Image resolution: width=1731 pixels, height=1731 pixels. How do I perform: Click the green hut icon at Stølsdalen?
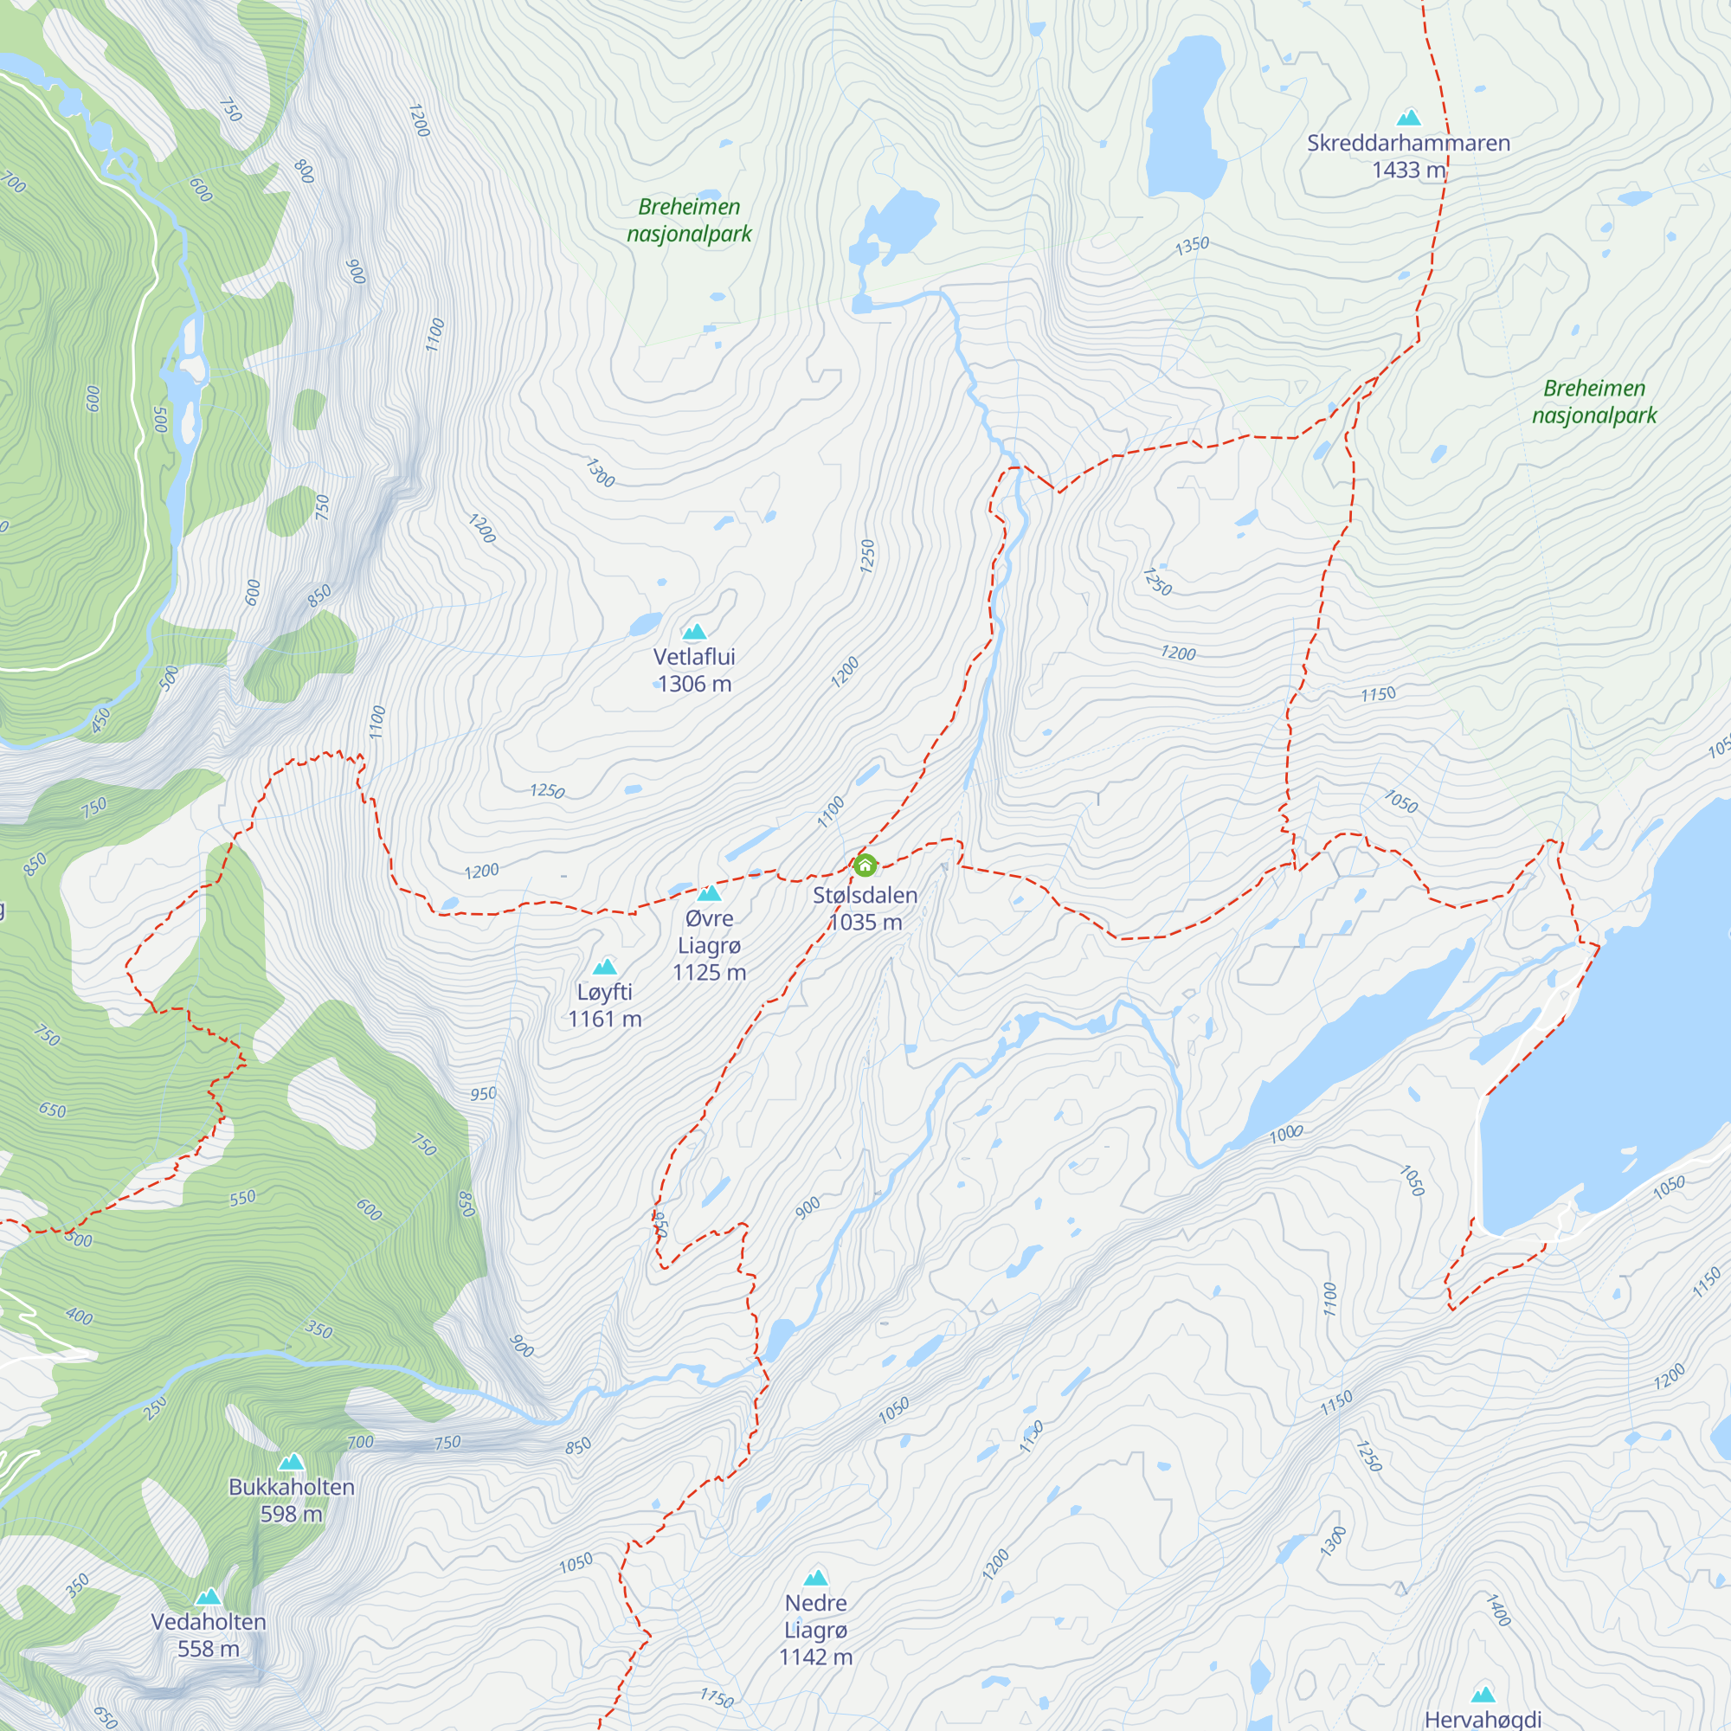(x=865, y=865)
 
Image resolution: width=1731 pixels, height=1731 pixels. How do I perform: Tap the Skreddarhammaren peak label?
(x=1407, y=144)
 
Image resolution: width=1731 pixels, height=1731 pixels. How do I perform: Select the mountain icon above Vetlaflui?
(x=694, y=633)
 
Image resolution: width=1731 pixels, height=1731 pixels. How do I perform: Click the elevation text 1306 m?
(x=694, y=685)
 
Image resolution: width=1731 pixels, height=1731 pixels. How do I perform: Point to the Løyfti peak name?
(x=605, y=992)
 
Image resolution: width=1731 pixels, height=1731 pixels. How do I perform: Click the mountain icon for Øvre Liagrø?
(x=709, y=893)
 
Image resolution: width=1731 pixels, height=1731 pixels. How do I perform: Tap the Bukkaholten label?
(x=291, y=1487)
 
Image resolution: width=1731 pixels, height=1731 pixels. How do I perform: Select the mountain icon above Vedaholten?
(x=208, y=1597)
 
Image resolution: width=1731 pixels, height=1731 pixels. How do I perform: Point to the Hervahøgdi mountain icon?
(x=1483, y=1695)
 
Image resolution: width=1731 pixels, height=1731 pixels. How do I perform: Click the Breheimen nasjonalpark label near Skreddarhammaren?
(x=1594, y=402)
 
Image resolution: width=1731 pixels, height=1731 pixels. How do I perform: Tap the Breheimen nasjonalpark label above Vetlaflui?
(x=689, y=221)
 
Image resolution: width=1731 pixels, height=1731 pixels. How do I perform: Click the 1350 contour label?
(x=1192, y=245)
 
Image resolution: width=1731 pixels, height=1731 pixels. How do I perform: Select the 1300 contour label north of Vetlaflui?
(x=600, y=473)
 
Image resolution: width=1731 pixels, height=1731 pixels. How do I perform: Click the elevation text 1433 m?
(x=1407, y=171)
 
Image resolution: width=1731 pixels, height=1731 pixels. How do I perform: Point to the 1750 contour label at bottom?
(x=716, y=1698)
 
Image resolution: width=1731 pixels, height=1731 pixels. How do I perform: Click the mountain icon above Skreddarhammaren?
(x=1408, y=118)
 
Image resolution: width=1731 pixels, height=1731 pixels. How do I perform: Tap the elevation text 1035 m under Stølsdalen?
(x=865, y=923)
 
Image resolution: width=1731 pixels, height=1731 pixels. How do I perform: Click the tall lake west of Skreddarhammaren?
(x=1185, y=117)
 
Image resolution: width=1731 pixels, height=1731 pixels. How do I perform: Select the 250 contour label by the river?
(x=155, y=1408)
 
